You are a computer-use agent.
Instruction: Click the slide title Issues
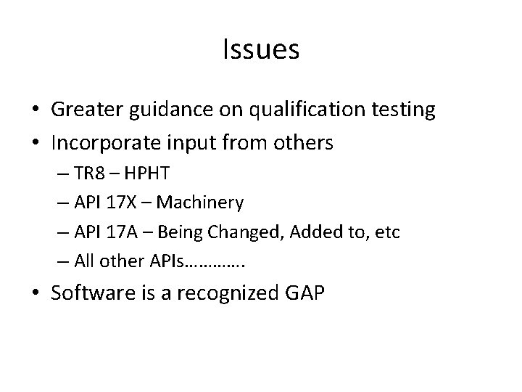pos(261,49)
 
